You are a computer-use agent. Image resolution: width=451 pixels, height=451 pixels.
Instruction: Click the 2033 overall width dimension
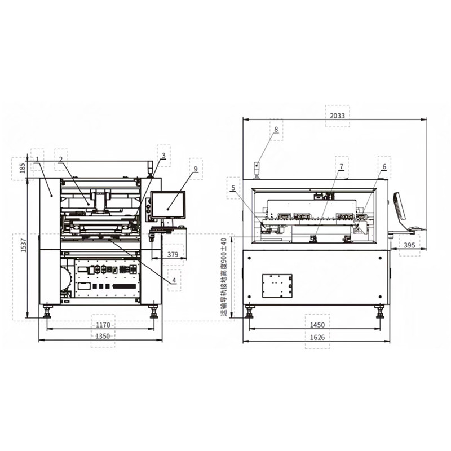click(x=338, y=115)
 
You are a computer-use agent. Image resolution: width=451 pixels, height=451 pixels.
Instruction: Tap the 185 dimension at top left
click(x=22, y=167)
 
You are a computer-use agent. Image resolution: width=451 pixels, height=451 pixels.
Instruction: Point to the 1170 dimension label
click(x=103, y=325)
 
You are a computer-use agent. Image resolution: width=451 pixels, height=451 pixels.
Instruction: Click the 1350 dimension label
click(x=103, y=336)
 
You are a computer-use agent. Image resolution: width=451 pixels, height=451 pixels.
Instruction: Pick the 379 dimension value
click(x=173, y=255)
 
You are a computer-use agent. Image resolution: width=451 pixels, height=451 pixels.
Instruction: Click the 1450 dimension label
click(x=318, y=325)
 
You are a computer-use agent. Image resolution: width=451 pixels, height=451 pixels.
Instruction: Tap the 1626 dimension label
click(x=318, y=337)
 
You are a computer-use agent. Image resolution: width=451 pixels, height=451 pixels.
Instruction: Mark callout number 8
click(x=276, y=130)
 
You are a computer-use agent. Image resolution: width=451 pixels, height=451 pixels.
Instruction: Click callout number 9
click(x=194, y=169)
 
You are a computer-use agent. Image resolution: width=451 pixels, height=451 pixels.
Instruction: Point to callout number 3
click(x=163, y=155)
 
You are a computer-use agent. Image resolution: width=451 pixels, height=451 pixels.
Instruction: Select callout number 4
click(x=174, y=280)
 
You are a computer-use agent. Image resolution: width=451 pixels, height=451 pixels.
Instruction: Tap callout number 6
click(x=384, y=167)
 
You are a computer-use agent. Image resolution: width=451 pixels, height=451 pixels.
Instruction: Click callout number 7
click(x=341, y=167)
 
